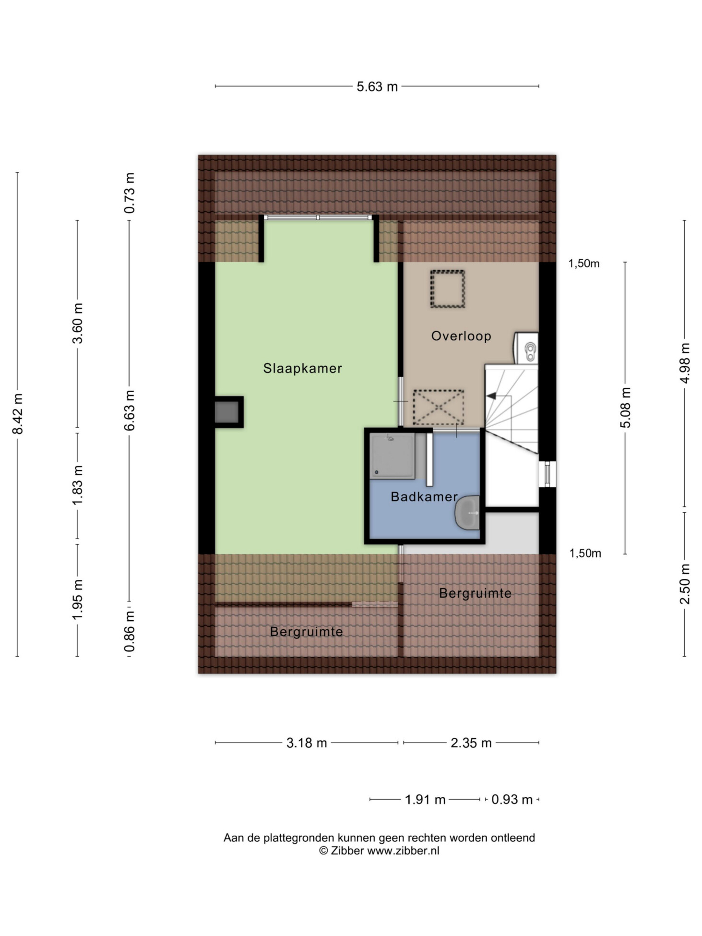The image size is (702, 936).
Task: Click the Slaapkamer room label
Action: pos(302,368)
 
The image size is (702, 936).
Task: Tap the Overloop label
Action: pos(461,336)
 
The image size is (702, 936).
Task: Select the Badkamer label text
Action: pos(424,496)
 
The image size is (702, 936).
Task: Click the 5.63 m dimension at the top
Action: pos(377,86)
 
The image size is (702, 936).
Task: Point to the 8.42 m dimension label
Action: pos(18,414)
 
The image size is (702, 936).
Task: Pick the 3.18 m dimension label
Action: pos(307,743)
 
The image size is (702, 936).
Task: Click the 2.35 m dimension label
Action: pos(471,743)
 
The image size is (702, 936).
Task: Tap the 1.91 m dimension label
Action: pos(425,800)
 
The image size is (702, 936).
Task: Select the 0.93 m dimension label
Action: pos(512,800)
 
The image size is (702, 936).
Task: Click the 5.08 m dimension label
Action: pos(625,408)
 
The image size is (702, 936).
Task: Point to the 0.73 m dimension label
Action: pos(130,193)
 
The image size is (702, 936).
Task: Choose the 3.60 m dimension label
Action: pos(78,324)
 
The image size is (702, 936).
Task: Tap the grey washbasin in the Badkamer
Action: pos(467,513)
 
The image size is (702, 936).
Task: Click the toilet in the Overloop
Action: pos(526,348)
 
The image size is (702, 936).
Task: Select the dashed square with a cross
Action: pos(439,407)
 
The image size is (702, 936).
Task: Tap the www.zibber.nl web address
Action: pos(403,851)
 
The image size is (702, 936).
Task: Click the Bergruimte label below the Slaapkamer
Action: pos(307,632)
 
